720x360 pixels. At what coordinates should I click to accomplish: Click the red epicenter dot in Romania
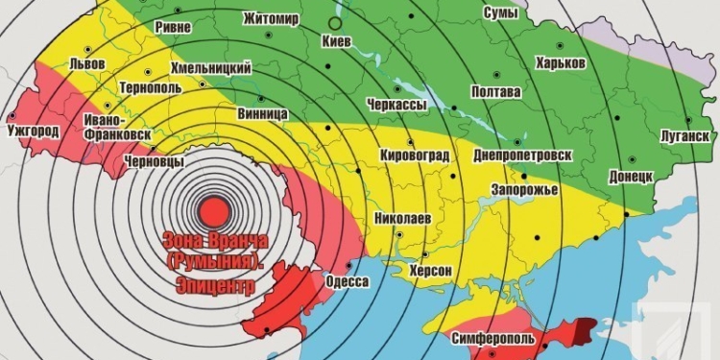pos(214,207)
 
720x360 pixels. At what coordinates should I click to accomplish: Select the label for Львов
pos(88,64)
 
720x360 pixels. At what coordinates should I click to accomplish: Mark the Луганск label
pos(685,135)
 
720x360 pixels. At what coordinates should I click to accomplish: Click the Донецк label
pos(631,178)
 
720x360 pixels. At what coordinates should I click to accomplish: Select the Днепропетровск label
pos(524,154)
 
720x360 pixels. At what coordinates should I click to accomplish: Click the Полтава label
pos(496,92)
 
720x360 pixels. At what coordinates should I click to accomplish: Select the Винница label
pos(262,113)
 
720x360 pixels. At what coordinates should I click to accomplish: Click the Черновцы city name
pos(155,162)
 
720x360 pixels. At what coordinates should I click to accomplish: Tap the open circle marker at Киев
pos(334,21)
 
